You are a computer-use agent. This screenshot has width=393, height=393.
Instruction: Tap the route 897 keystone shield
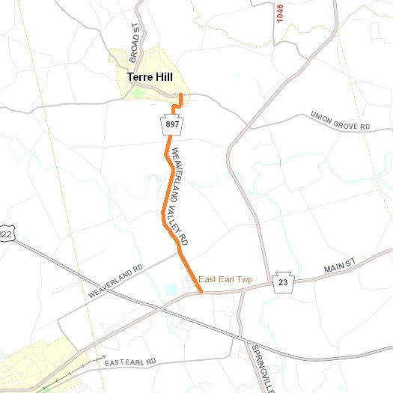click(171, 125)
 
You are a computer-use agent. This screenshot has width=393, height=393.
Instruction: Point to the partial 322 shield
click(6, 234)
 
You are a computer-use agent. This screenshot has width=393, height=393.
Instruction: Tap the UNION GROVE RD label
click(340, 121)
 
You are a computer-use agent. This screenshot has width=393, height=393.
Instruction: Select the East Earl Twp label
click(225, 279)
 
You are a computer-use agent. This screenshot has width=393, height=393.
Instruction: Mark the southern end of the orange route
click(201, 291)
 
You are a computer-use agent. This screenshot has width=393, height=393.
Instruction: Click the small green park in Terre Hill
click(137, 94)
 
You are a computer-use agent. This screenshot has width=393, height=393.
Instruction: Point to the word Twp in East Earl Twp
click(244, 279)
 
